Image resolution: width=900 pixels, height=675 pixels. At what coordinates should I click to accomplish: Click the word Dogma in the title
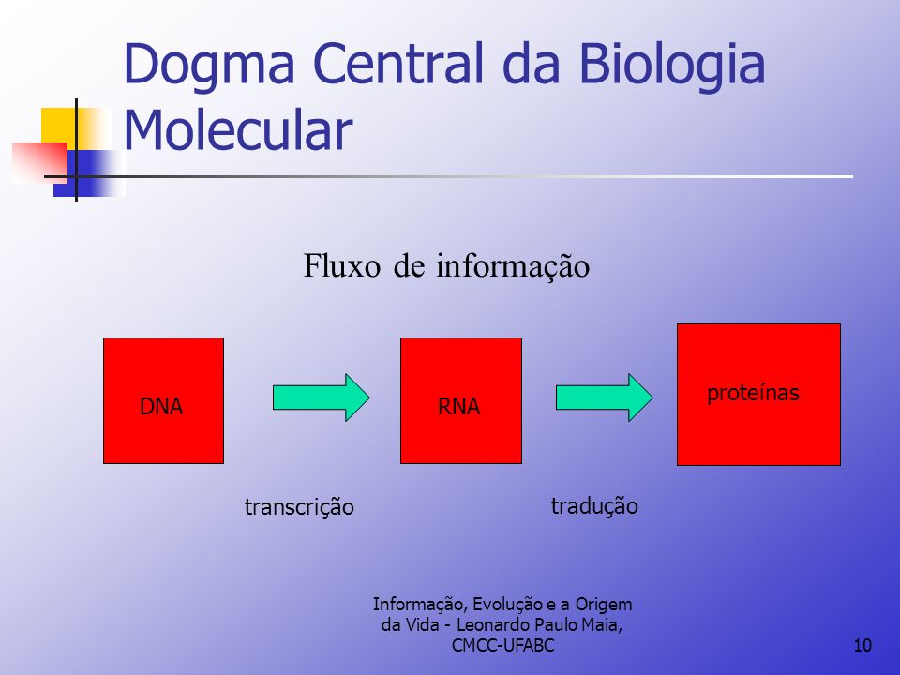(209, 65)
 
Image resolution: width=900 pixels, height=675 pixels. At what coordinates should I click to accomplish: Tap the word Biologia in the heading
(671, 66)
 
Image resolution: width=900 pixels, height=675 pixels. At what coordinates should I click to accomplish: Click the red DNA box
(163, 400)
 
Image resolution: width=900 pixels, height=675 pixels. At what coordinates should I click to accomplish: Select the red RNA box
(461, 400)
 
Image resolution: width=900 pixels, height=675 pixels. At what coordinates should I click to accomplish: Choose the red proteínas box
(758, 395)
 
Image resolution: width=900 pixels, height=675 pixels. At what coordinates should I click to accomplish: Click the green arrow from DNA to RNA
(321, 397)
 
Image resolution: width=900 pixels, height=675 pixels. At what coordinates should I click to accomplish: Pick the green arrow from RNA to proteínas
(605, 397)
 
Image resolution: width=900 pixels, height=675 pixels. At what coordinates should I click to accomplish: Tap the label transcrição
(299, 507)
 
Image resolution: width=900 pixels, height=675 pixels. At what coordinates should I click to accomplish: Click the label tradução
(594, 506)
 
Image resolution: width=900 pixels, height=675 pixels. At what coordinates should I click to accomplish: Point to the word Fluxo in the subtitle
(341, 265)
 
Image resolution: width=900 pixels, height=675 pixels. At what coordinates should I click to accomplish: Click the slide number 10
(862, 645)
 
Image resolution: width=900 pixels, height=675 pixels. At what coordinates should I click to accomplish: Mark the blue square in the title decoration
(87, 173)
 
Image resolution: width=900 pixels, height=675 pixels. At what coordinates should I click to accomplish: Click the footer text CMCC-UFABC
(502, 645)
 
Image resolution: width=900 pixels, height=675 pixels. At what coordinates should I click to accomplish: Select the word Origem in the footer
(604, 605)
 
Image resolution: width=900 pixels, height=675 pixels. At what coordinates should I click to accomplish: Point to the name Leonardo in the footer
(493, 624)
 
